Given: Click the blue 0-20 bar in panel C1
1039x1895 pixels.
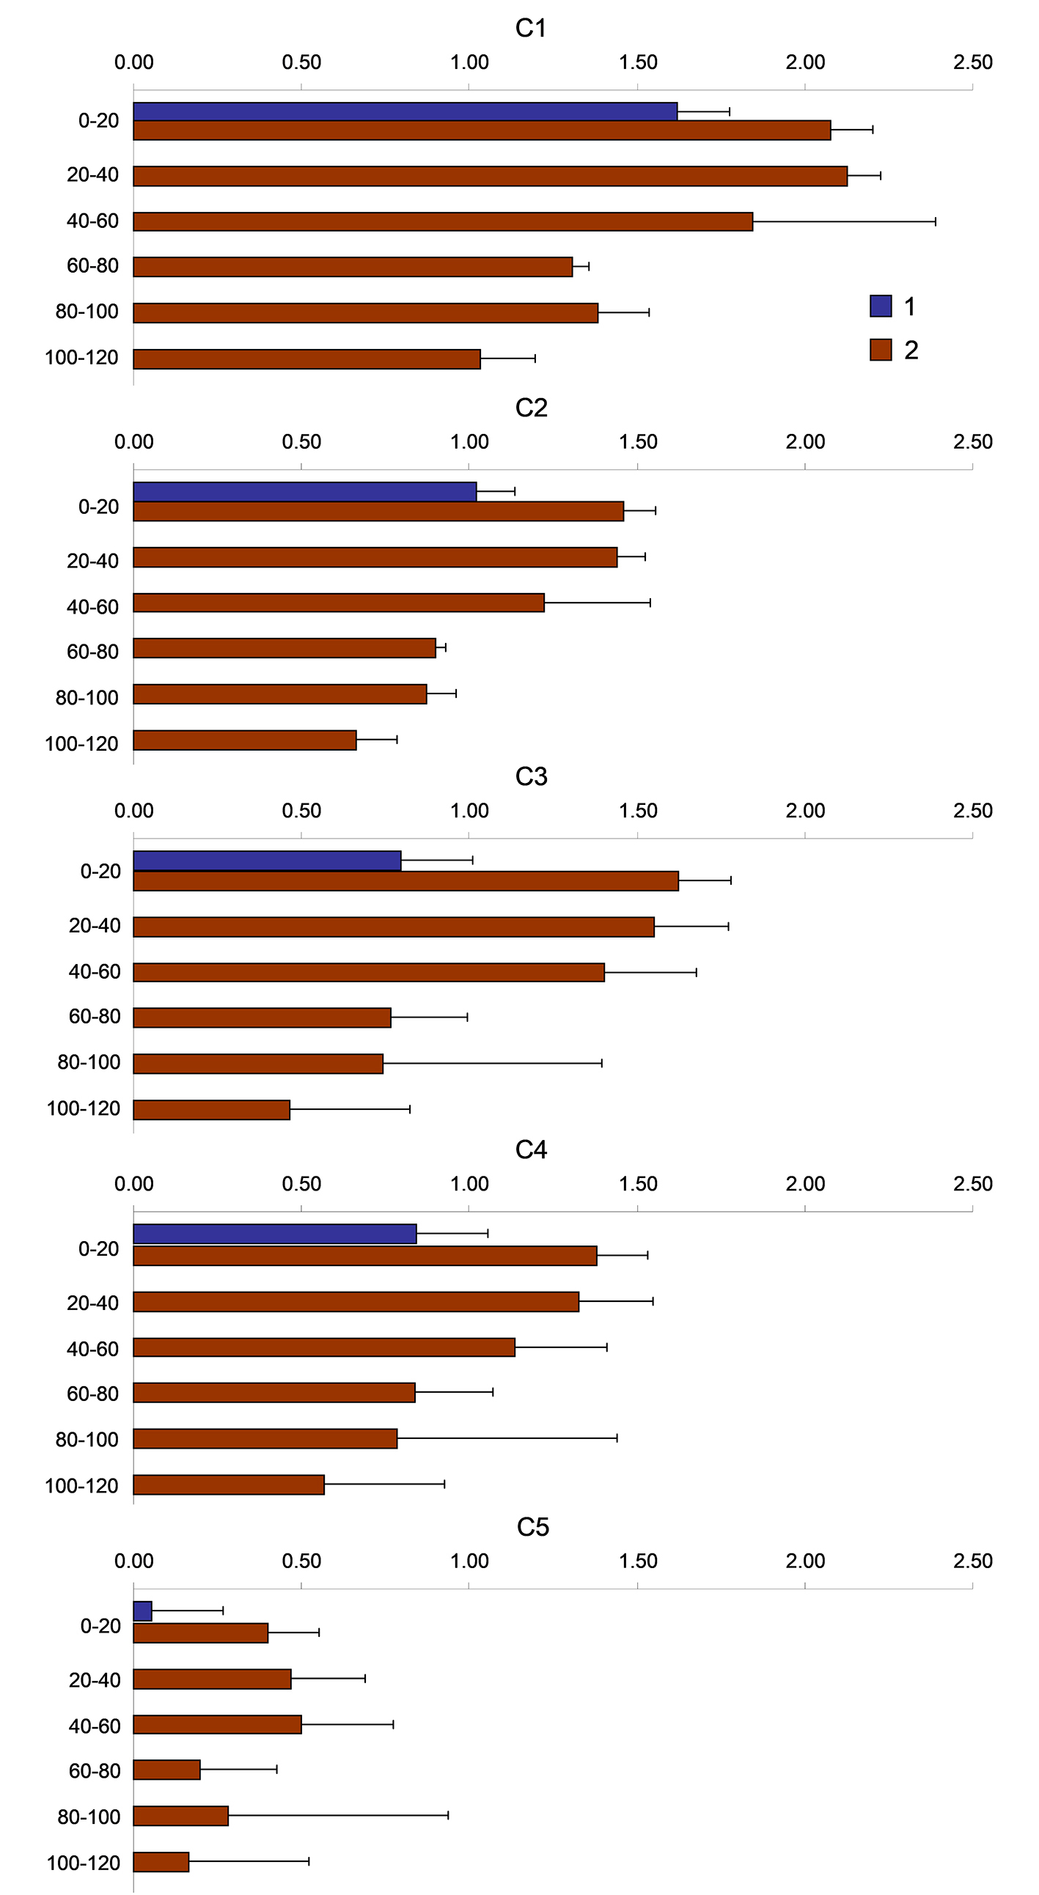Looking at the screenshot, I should pyautogui.click(x=405, y=111).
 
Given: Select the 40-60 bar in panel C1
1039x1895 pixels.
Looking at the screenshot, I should pyautogui.click(x=442, y=221).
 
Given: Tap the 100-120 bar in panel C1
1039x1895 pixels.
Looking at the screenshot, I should pyautogui.click(x=306, y=359).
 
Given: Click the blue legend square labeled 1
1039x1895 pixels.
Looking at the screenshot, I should pyautogui.click(x=880, y=306).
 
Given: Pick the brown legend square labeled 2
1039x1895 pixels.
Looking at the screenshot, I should pyautogui.click(x=880, y=350).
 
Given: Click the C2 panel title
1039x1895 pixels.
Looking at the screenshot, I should pyautogui.click(x=531, y=408).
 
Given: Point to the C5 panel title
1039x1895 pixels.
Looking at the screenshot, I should pyautogui.click(x=532, y=1527).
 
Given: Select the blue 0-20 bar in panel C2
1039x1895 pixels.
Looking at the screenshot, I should pyautogui.click(x=304, y=491).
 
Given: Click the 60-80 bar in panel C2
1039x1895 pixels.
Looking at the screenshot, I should pyautogui.click(x=284, y=648).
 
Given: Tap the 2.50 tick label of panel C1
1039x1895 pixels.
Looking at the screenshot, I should pyautogui.click(x=972, y=62).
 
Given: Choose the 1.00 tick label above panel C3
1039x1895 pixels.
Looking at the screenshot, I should pyautogui.click(x=469, y=811).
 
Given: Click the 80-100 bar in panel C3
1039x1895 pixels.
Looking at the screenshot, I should pyautogui.click(x=257, y=1064).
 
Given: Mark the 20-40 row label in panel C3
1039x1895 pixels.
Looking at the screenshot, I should pyautogui.click(x=94, y=925).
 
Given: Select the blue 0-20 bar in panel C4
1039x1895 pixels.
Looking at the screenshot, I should pyautogui.click(x=274, y=1234).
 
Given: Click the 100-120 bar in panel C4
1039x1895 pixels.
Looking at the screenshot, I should pyautogui.click(x=228, y=1484).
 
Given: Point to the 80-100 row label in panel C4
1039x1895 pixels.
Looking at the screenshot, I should pyautogui.click(x=87, y=1439).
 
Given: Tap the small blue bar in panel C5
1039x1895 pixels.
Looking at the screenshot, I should pyautogui.click(x=143, y=1611).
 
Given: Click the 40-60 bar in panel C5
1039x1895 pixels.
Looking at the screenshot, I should pyautogui.click(x=217, y=1724).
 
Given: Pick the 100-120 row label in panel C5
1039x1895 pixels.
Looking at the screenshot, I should pyautogui.click(x=83, y=1863).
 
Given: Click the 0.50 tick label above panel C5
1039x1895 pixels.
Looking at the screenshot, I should pyautogui.click(x=301, y=1561).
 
